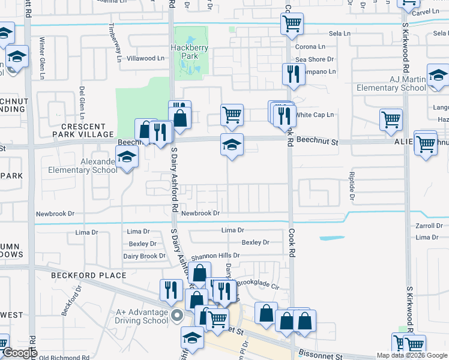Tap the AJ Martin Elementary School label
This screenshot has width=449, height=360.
pyautogui.click(x=390, y=83)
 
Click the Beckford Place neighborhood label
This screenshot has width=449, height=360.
pyautogui.click(x=88, y=275)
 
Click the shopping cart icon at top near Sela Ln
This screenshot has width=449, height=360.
pyautogui.click(x=292, y=24)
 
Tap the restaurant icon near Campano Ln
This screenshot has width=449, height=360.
pyautogui.click(x=291, y=74)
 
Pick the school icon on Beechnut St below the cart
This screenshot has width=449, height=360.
pyautogui.click(x=232, y=144)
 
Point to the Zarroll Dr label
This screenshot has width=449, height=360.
pyautogui.click(x=429, y=226)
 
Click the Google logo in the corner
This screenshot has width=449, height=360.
pyautogui.click(x=20, y=353)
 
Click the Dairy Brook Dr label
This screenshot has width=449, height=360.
pyautogui.click(x=144, y=256)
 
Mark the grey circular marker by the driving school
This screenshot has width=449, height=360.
pyautogui.click(x=176, y=315)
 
